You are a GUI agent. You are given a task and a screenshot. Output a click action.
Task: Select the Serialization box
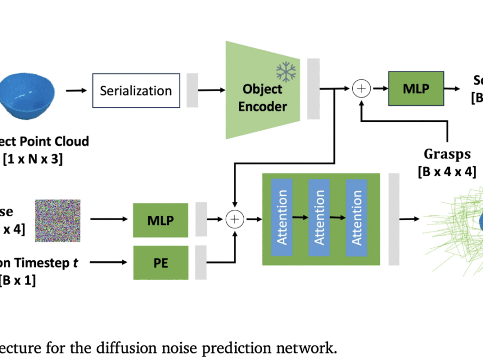click(136, 91)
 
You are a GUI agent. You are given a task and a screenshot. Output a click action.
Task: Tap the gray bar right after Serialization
click(192, 91)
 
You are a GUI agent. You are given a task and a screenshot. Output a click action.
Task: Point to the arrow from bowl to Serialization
click(76, 91)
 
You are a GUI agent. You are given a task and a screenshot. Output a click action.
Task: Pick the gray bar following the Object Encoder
click(314, 88)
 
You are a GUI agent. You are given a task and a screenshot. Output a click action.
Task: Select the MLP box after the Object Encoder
click(415, 88)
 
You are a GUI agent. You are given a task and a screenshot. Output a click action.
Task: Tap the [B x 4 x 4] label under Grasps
click(447, 172)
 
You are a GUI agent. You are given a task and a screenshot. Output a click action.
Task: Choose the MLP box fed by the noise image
click(161, 220)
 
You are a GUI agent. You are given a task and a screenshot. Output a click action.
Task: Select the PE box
click(161, 263)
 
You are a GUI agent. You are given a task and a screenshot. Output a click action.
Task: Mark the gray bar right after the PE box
click(201, 262)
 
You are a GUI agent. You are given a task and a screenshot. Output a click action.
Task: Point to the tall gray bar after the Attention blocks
click(394, 219)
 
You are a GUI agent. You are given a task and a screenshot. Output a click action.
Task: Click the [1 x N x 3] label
click(34, 160)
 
